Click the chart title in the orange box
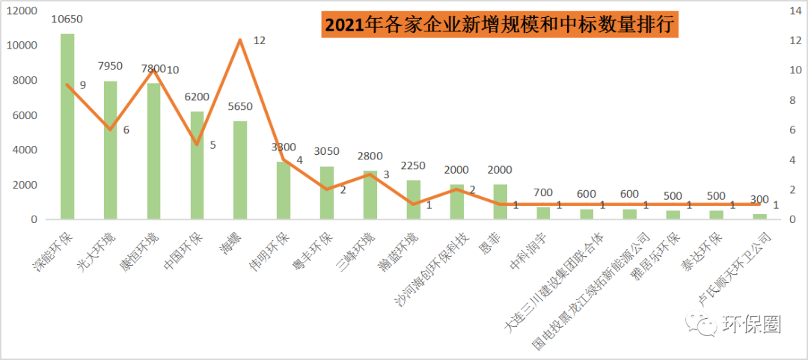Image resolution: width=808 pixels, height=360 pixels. point(499,25)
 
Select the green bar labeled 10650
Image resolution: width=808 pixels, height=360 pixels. point(67,127)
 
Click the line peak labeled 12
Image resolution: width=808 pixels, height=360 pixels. point(240,40)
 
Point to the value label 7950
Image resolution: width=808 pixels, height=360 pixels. point(110,67)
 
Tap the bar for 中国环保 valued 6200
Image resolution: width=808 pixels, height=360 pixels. point(197,165)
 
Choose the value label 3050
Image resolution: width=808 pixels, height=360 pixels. point(326,152)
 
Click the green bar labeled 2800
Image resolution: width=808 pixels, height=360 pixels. point(370,195)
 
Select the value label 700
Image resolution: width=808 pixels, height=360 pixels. point(543,194)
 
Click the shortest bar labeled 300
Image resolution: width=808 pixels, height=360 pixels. point(759,216)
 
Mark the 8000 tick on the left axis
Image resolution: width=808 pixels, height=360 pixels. point(24,80)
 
